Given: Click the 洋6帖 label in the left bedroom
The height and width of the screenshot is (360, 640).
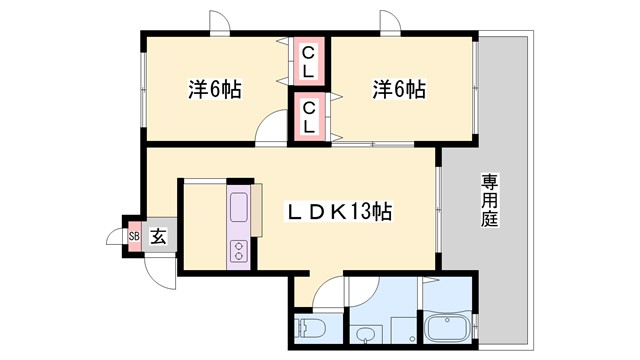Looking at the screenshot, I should [x=215, y=88].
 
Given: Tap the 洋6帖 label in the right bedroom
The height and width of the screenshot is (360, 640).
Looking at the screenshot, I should [x=399, y=89].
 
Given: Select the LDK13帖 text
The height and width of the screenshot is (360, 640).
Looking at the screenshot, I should [x=340, y=212].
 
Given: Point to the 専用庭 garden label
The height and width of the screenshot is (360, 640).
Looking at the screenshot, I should [x=489, y=201].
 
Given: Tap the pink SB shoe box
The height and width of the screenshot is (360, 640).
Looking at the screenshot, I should [x=133, y=236].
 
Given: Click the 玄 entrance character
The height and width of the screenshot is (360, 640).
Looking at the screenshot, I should [x=158, y=237].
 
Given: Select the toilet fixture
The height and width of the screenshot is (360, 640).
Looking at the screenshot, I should [x=307, y=326].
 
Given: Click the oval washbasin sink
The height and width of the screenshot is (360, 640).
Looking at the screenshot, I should [x=369, y=332].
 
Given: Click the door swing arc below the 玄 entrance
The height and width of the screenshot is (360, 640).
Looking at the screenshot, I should [x=159, y=268].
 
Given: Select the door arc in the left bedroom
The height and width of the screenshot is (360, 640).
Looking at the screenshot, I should [x=271, y=127].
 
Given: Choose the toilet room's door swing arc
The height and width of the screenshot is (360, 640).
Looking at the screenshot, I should [x=327, y=294].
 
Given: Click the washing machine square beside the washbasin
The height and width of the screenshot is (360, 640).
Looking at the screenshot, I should [x=402, y=329].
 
